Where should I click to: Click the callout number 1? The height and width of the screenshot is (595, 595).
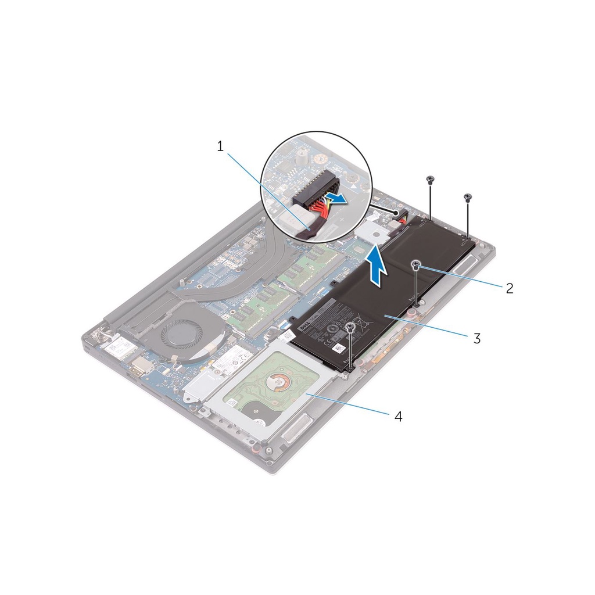tap(220, 146)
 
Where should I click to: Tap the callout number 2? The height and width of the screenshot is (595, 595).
tap(510, 288)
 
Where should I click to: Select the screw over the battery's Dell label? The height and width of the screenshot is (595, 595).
tap(350, 329)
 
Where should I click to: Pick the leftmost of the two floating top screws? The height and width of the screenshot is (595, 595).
tap(430, 179)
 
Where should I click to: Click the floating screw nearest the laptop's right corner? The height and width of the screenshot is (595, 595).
tap(468, 198)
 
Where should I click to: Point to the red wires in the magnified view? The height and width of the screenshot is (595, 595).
tap(318, 206)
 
